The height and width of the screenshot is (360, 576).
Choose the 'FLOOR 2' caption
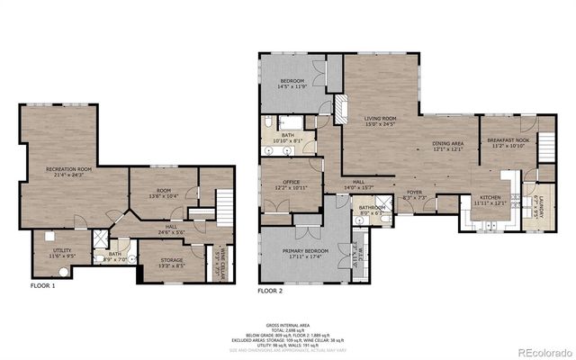coord(270,291)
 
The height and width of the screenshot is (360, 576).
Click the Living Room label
coord(381,121)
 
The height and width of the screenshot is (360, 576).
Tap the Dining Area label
coord(447,146)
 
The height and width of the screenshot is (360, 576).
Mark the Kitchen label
coord(490,200)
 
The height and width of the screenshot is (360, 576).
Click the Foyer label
coord(414,193)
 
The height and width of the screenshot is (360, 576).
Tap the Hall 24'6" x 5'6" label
coord(176,229)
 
